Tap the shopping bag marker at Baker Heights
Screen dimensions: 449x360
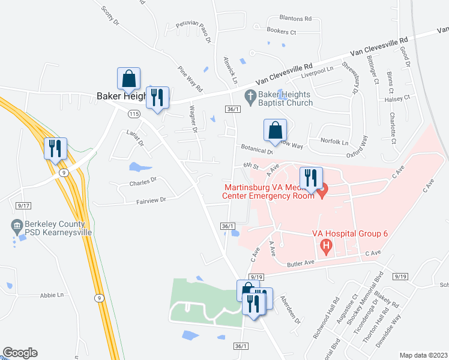128,79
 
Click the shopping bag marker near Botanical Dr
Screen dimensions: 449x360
275,130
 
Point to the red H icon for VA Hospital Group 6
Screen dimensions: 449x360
326,245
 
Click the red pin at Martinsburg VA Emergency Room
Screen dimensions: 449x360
323,193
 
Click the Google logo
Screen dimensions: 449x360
20,353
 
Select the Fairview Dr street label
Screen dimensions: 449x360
142,200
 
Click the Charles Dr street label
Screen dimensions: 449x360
142,179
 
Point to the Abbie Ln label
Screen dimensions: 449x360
52,295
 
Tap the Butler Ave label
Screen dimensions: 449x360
301,263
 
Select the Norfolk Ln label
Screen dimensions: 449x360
336,143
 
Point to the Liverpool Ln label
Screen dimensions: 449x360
317,70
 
